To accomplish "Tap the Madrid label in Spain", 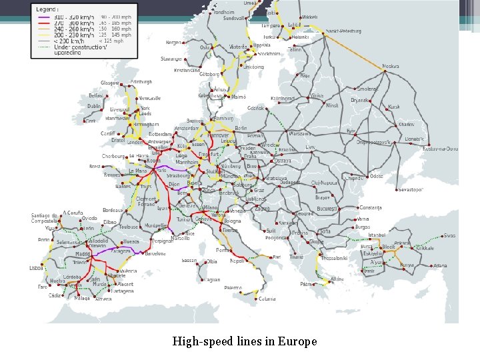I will click(x=83, y=254).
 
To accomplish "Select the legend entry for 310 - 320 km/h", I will click(x=67, y=15).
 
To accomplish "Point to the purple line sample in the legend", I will click(x=43, y=15).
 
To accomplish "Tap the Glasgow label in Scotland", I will click(x=109, y=83).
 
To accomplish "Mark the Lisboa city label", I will click(x=37, y=267).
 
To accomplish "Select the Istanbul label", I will click(x=377, y=235).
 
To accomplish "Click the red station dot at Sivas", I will click(x=441, y=235).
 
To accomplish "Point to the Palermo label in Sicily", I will click(x=233, y=287).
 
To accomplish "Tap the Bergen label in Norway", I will click(x=173, y=42).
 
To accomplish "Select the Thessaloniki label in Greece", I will click(x=333, y=258).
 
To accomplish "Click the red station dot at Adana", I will click(x=431, y=265).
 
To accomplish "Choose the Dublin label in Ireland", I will click(x=94, y=106).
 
